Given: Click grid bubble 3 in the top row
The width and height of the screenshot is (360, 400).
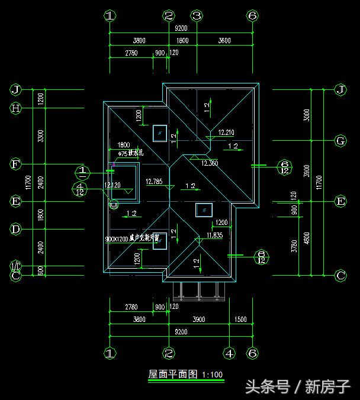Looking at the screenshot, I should click(x=197, y=16).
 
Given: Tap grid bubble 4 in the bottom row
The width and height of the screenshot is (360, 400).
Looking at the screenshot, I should click(x=230, y=354).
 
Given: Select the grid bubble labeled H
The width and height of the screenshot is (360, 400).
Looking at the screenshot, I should click(x=16, y=108).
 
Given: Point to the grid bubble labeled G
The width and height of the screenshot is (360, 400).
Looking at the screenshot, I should click(x=340, y=141).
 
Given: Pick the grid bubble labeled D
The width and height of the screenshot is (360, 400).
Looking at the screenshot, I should click(x=16, y=228).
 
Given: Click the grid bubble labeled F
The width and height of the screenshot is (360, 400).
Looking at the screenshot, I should click(x=16, y=164).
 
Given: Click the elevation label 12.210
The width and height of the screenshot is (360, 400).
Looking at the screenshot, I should click(x=226, y=133).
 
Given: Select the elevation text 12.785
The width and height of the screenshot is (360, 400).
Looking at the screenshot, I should click(x=154, y=182).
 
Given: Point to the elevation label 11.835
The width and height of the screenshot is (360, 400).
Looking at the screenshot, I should click(x=214, y=236).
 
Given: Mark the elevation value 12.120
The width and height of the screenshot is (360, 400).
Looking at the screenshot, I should click(x=112, y=185).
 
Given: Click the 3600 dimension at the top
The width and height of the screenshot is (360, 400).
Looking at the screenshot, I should click(x=224, y=41).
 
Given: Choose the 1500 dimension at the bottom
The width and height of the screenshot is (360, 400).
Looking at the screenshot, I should click(x=240, y=320).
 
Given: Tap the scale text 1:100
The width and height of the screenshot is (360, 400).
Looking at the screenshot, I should click(x=212, y=375).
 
